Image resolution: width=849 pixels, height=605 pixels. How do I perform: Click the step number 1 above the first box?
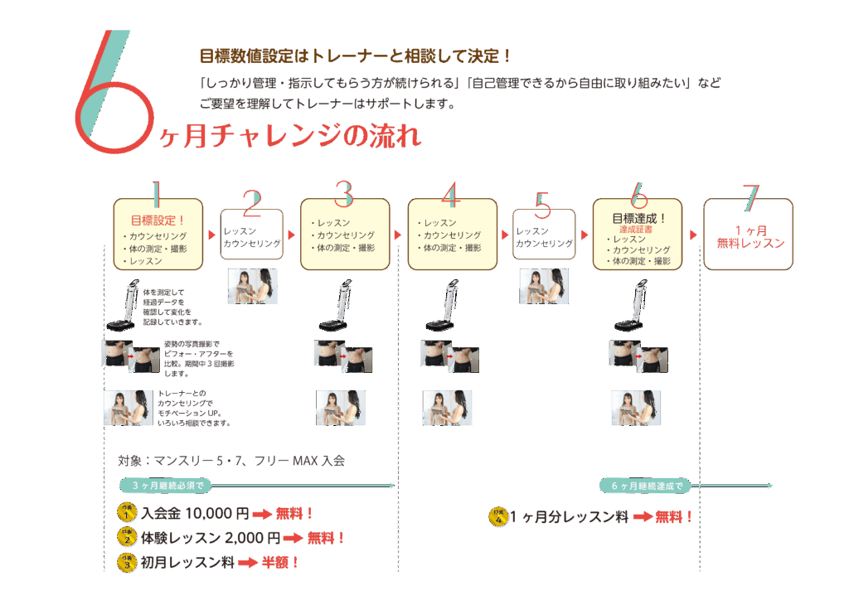(155, 194)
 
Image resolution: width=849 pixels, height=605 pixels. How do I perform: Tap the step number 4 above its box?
(450, 194)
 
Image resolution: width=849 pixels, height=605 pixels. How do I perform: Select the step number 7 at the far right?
(750, 196)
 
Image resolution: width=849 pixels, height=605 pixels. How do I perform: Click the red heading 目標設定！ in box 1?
(158, 220)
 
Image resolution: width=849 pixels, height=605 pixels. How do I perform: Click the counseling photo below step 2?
(253, 286)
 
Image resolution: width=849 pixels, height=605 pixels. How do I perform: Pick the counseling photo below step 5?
(544, 286)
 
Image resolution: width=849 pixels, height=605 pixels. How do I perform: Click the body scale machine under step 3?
(337, 308)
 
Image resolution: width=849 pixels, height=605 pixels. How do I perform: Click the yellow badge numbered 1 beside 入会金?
(126, 514)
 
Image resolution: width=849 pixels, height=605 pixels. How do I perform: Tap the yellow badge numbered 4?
(499, 518)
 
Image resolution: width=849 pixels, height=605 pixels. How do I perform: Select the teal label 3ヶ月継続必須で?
(167, 486)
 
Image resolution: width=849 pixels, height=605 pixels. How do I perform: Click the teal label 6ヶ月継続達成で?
(645, 486)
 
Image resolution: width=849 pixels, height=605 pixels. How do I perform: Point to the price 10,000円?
(217, 514)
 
